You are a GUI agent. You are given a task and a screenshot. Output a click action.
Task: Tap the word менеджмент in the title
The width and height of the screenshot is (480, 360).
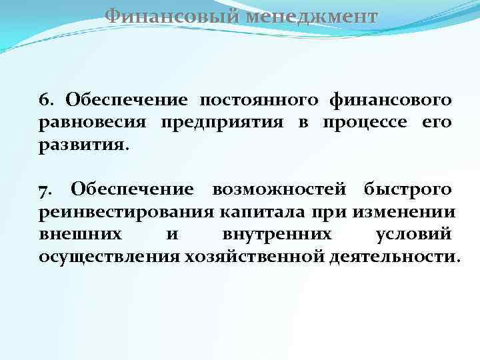tap(310, 15)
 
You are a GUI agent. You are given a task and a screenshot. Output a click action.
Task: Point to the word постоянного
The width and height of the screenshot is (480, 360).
tap(256, 100)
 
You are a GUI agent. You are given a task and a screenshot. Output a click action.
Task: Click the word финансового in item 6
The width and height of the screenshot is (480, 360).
tap(389, 100)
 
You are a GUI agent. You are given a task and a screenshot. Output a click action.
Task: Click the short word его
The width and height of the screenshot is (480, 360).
tap(437, 123)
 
